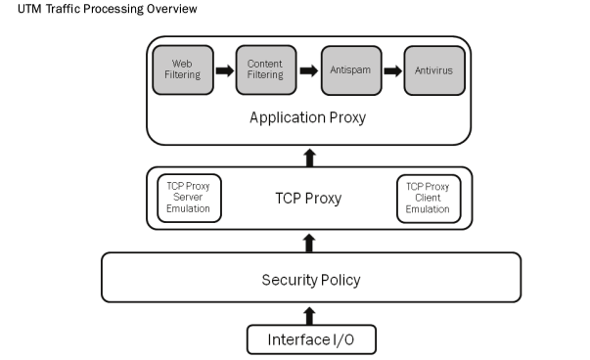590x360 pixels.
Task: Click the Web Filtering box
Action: pos(182,69)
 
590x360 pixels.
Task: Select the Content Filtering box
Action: pos(265,69)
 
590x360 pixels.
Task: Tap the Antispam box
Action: pos(350,69)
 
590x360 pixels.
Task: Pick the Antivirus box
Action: pos(434,69)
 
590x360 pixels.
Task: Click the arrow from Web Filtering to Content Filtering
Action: pos(224,70)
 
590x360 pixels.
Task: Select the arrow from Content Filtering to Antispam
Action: pos(308,70)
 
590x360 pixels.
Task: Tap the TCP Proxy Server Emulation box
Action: pos(190,197)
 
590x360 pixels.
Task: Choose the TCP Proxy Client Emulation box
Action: pos(428,197)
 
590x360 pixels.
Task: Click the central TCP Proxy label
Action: pos(307,197)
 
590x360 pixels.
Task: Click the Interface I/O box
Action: pos(309,339)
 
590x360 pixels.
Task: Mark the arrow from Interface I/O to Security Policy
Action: pos(309,315)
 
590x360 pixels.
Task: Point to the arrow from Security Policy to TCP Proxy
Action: pos(309,241)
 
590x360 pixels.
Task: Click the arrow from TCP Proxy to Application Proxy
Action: pos(309,157)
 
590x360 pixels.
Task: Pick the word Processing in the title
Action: pos(114,10)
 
